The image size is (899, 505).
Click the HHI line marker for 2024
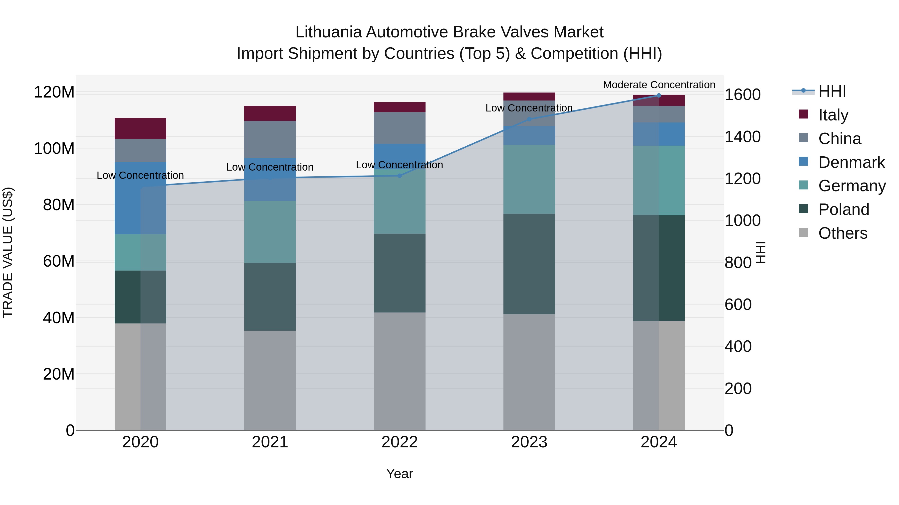point(659,96)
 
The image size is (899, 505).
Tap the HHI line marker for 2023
point(529,119)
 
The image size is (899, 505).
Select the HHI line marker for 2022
point(400,176)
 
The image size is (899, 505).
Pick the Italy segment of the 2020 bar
point(140,129)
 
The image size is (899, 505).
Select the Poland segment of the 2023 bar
point(529,264)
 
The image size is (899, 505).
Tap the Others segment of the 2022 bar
point(400,371)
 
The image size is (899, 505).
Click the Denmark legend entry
point(851,162)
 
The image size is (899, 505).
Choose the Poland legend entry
point(844,209)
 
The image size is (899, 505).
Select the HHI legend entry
point(832,91)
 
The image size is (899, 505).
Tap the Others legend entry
point(843,233)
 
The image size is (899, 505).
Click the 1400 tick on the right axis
point(742,137)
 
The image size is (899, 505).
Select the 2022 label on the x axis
point(400,442)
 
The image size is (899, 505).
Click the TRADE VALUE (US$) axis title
point(8,252)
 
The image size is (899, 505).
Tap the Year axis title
point(400,474)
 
